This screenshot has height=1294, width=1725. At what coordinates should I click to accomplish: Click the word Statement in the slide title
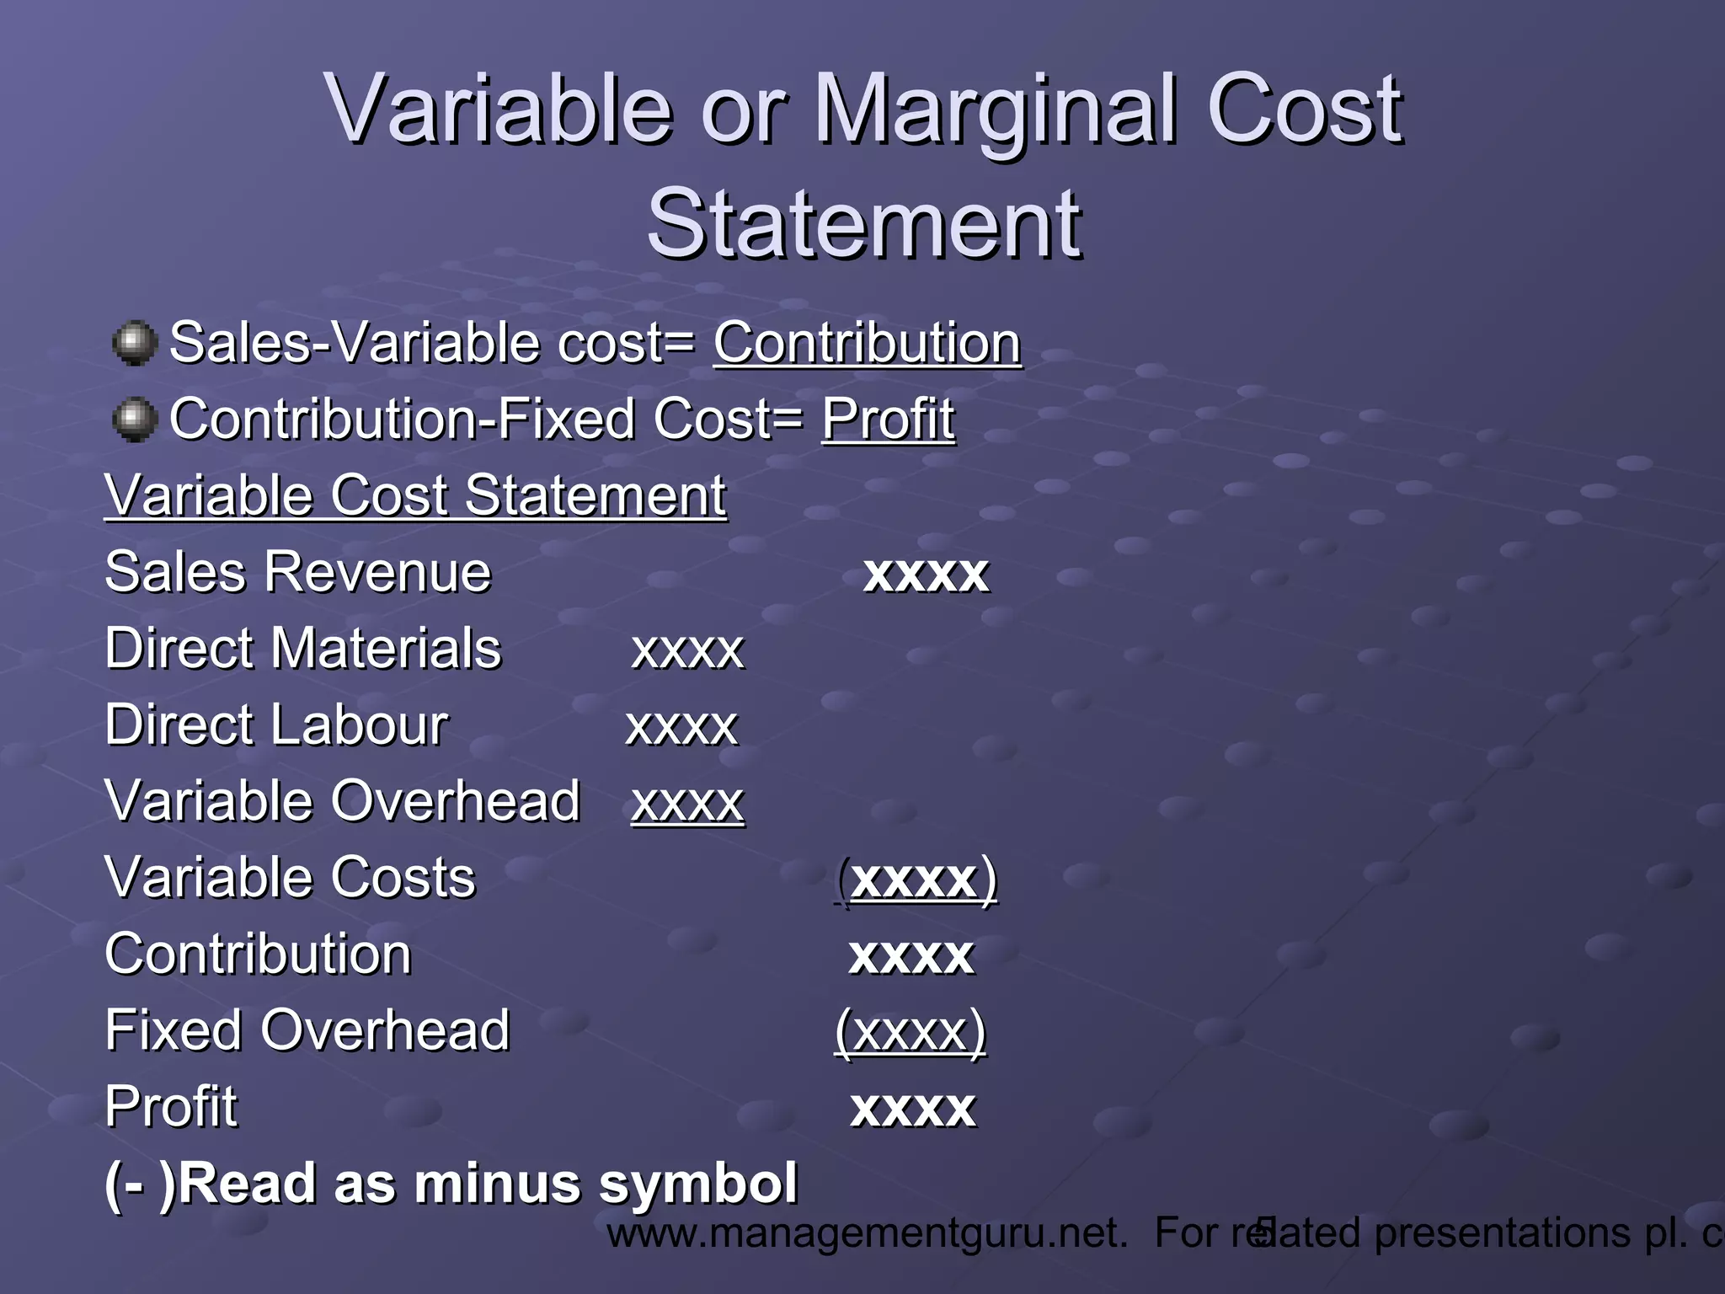click(864, 224)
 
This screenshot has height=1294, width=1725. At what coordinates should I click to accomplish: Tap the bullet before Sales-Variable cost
click(135, 343)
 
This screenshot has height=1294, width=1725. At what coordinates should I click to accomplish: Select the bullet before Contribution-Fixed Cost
click(135, 420)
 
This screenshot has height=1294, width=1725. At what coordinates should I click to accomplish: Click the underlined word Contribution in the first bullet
click(868, 343)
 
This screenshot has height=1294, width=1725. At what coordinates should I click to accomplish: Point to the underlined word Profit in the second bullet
click(888, 419)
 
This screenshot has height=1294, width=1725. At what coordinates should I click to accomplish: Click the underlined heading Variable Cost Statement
click(415, 495)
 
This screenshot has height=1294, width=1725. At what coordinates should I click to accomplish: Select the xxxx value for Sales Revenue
click(926, 574)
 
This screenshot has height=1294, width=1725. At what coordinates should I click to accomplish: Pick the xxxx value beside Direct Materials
click(688, 650)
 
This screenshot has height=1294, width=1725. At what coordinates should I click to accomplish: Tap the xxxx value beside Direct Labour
click(681, 726)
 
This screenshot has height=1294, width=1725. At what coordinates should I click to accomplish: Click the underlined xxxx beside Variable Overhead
click(688, 802)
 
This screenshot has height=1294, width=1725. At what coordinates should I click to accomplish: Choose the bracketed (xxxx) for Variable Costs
click(916, 880)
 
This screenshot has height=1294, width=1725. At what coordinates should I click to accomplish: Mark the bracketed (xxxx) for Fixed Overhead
click(911, 1031)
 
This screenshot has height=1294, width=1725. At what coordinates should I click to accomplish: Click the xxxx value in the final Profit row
click(913, 1108)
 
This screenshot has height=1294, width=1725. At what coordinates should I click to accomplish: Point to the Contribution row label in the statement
click(258, 954)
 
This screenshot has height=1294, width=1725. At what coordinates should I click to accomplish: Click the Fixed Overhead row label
click(307, 1030)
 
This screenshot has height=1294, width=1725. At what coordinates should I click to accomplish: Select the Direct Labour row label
click(276, 725)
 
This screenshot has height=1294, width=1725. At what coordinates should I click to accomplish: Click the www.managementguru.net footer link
click(867, 1233)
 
